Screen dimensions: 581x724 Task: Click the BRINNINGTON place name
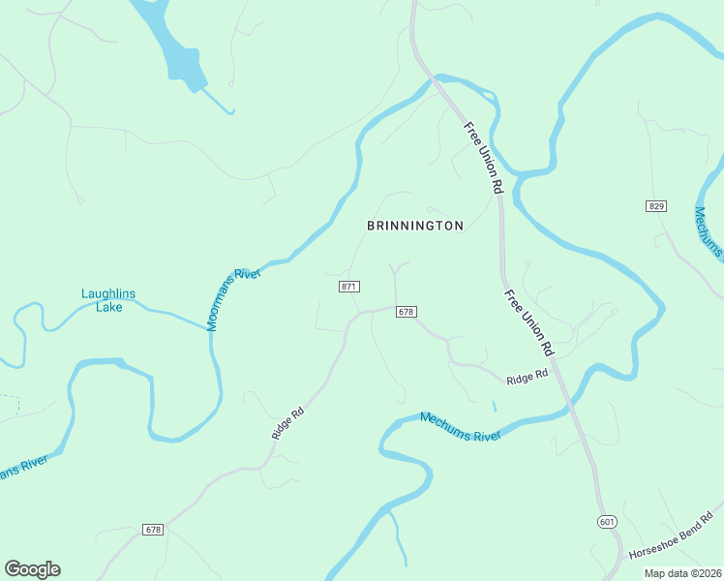[415, 226]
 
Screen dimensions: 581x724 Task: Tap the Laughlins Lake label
[108, 300]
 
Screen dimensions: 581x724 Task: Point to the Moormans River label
[233, 300]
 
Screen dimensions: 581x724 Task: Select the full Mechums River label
[460, 426]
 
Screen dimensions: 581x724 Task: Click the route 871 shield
[349, 287]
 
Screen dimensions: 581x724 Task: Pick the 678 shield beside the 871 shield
[406, 312]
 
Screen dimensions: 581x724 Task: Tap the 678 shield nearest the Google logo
[152, 530]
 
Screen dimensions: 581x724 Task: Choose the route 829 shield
[656, 206]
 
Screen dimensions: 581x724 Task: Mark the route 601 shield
[607, 522]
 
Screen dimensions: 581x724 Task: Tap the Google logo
[32, 569]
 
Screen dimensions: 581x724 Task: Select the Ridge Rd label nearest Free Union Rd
[527, 374]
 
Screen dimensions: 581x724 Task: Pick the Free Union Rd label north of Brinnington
[485, 157]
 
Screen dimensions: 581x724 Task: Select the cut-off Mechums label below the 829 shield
[709, 232]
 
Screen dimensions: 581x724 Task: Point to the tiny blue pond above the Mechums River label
[494, 406]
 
